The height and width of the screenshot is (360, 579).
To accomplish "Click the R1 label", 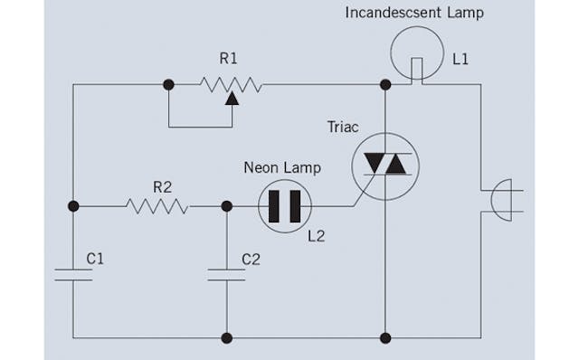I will point(230,58).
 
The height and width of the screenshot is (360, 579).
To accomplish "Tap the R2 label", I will point(162,187).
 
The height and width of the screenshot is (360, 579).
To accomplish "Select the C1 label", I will point(96,259).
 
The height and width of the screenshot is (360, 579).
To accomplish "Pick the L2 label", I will point(316,237).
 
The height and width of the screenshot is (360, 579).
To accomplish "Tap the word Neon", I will point(260,167).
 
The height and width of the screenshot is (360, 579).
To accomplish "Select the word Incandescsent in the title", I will point(387,13).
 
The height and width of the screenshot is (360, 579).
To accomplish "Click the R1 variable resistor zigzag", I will point(231,85).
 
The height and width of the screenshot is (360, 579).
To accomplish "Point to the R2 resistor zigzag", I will point(157,206).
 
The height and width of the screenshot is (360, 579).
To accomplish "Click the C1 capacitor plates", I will point(73,274).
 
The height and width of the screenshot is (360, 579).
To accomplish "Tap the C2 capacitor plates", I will point(226,274).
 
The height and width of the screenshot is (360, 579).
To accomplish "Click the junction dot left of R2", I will point(73,206).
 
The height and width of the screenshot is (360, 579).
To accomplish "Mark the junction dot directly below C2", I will point(226,338).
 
